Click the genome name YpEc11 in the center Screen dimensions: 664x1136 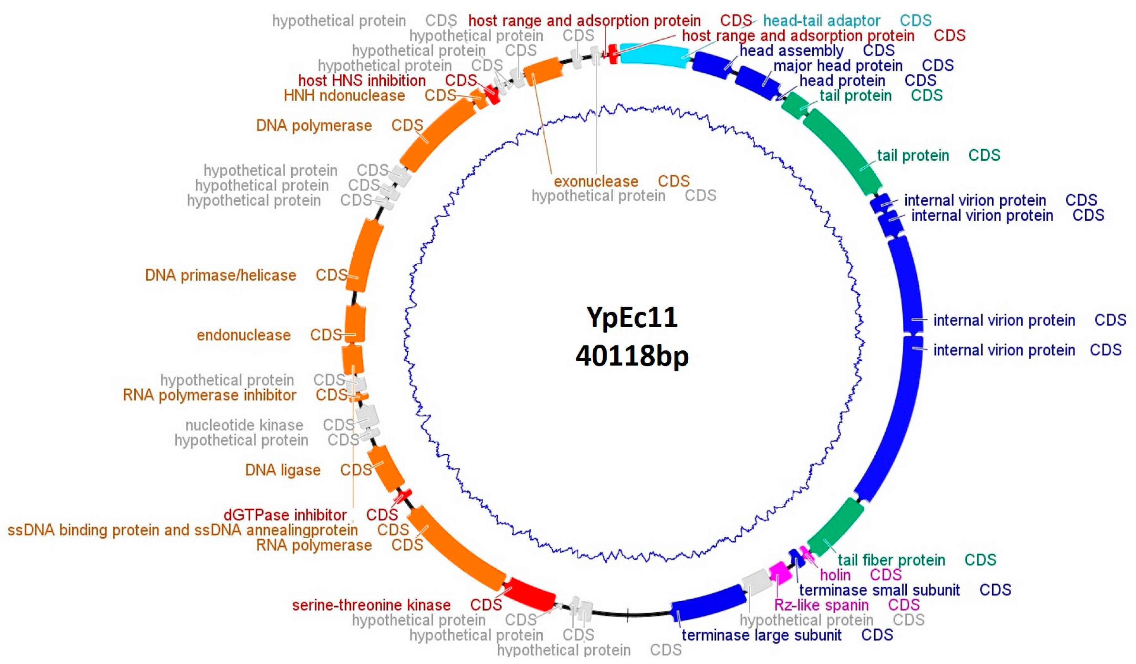pyautogui.click(x=631, y=317)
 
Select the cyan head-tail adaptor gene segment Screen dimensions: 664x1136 pyautogui.click(x=654, y=55)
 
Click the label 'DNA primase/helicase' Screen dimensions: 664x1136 pyautogui.click(x=220, y=275)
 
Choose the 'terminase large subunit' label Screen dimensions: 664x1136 pyautogui.click(x=761, y=635)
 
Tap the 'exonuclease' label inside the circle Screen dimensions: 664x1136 pyautogui.click(x=596, y=181)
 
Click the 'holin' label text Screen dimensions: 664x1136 pyautogui.click(x=835, y=575)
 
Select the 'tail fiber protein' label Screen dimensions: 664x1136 pyautogui.click(x=891, y=560)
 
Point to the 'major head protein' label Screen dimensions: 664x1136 pyautogui.click(x=838, y=65)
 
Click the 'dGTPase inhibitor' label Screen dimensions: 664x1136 pyautogui.click(x=285, y=515)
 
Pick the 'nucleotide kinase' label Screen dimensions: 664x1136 pyautogui.click(x=244, y=425)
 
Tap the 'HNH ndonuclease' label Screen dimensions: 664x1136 pyautogui.click(x=344, y=96)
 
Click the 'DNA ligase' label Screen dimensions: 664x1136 pyautogui.click(x=283, y=470)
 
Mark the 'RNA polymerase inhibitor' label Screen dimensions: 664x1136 pyautogui.click(x=209, y=395)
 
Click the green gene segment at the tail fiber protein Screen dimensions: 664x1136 pyautogui.click(x=835, y=528)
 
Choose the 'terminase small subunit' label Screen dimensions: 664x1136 pyautogui.click(x=879, y=590)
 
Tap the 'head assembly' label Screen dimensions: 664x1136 pyautogui.click(x=791, y=50)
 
